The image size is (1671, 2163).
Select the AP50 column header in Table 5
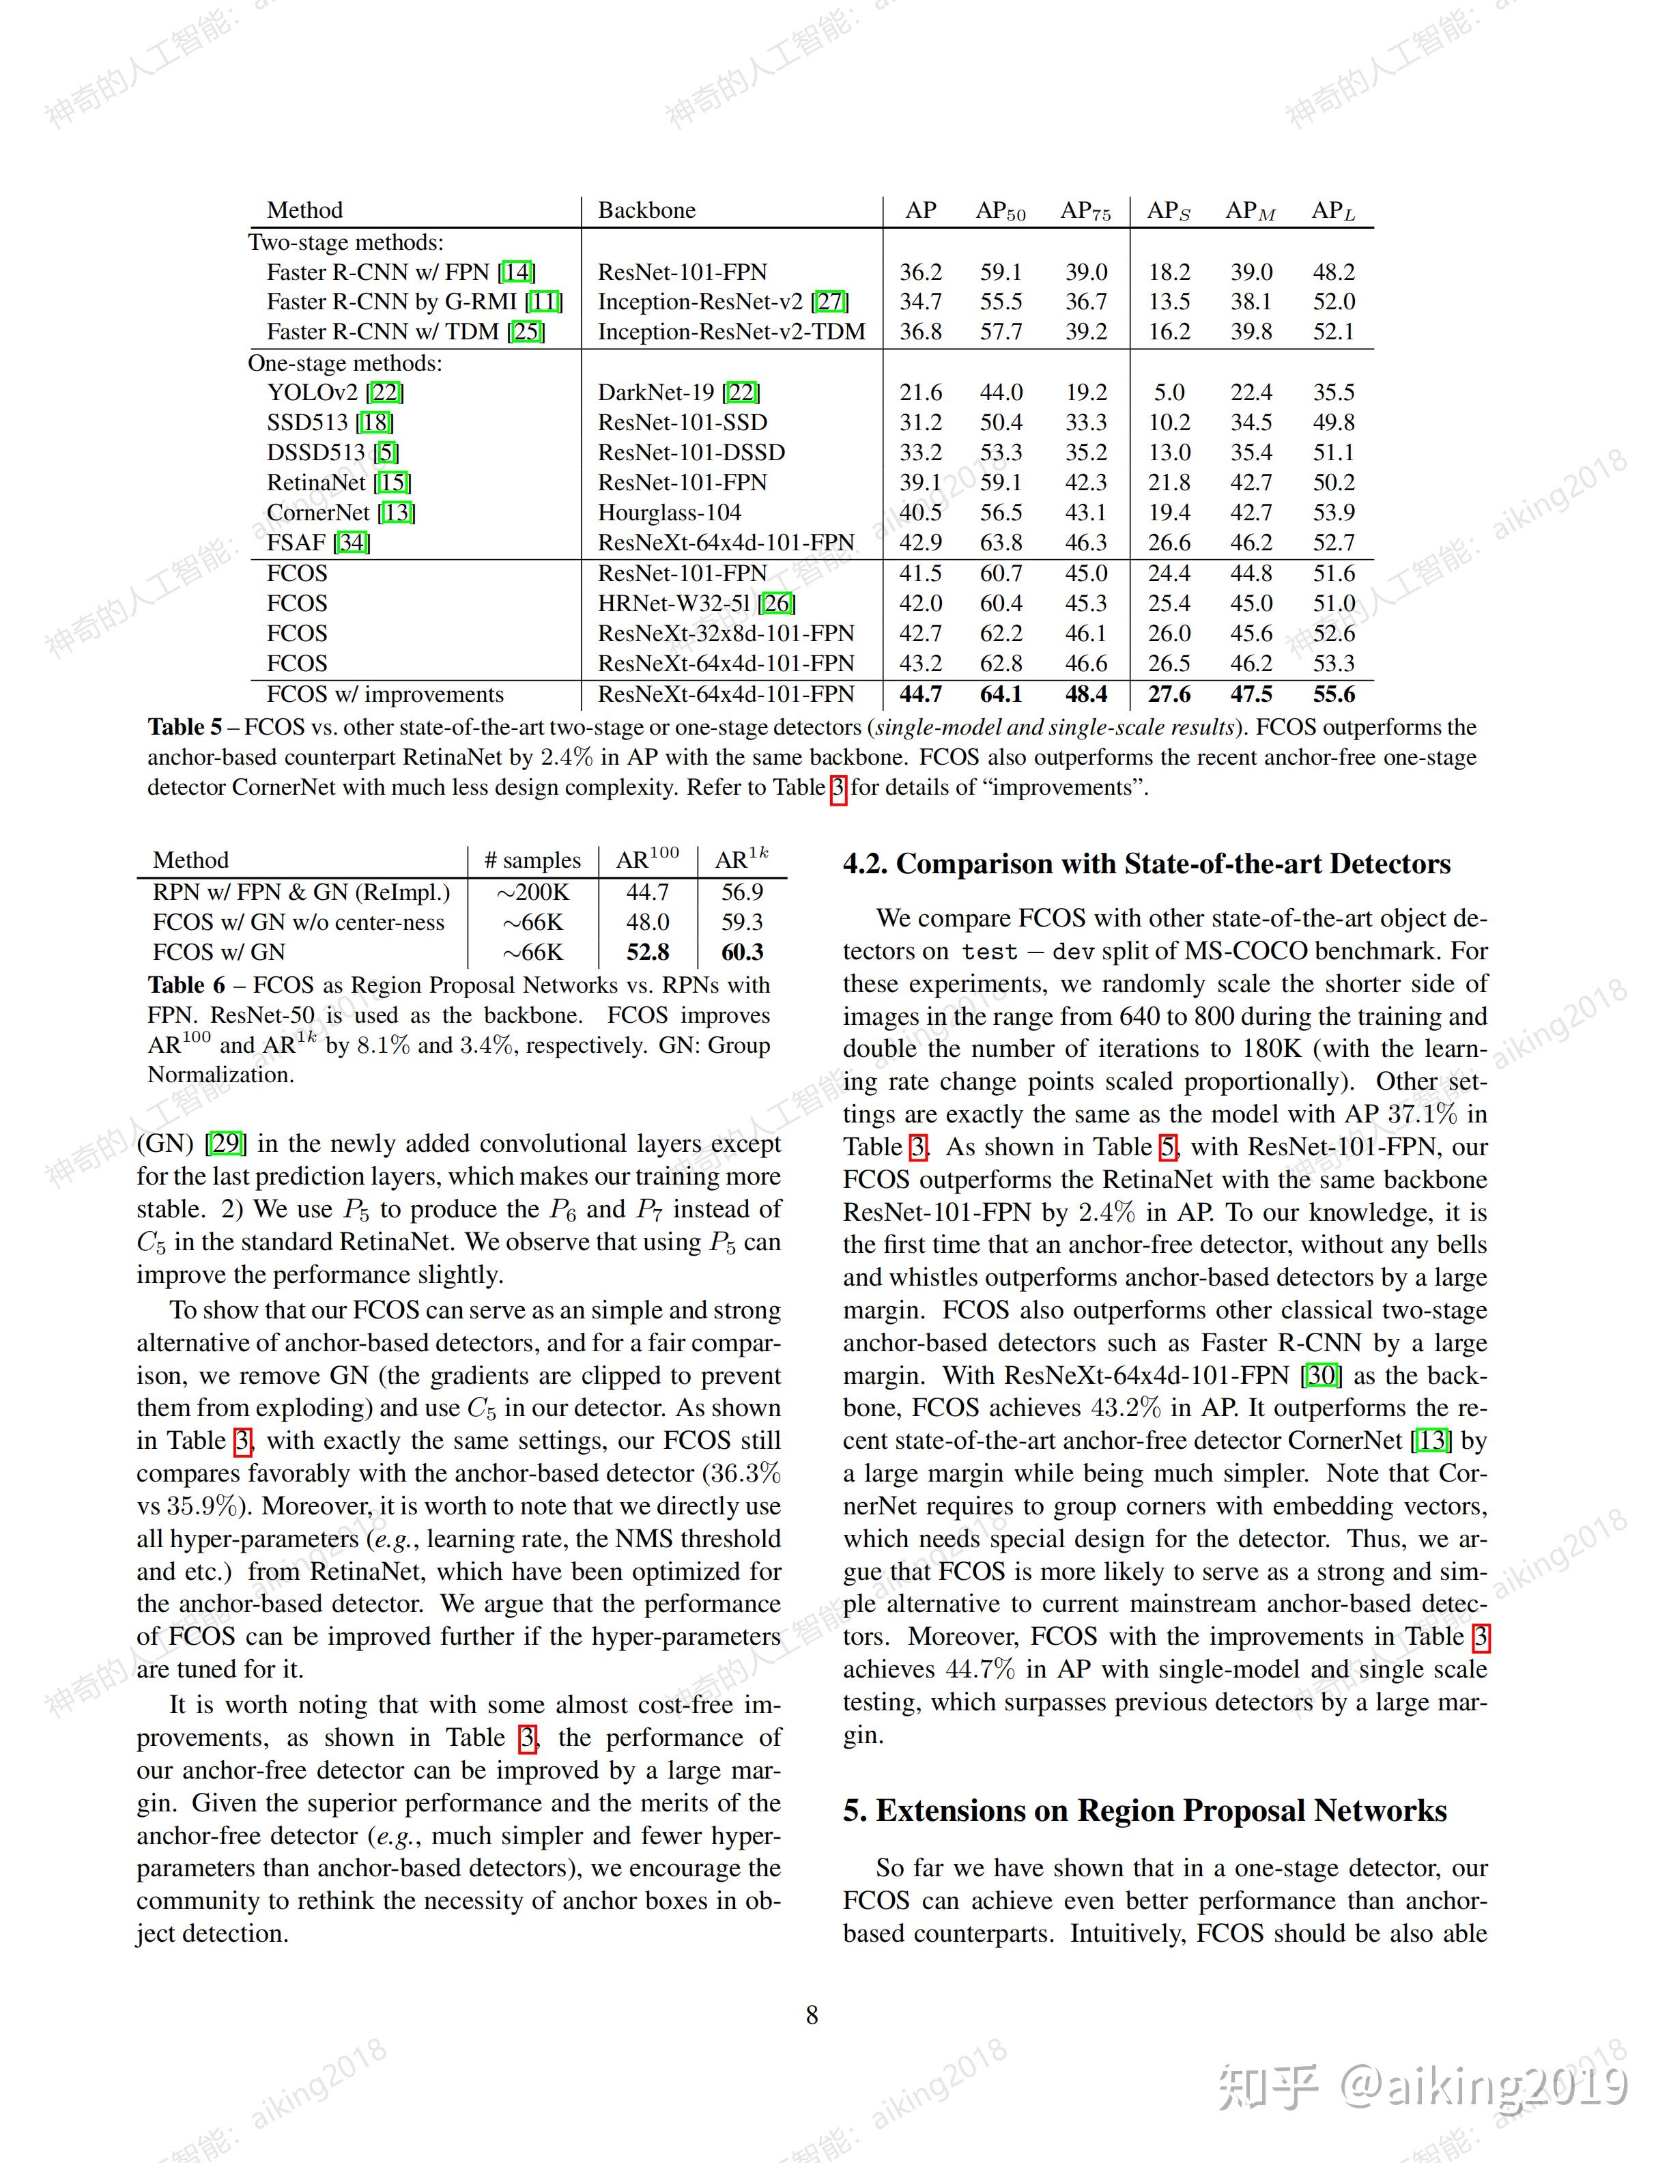tap(1000, 211)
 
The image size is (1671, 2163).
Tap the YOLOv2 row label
tap(334, 392)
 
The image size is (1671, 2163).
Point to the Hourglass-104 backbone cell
tap(669, 512)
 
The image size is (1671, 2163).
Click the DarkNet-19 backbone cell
tap(678, 392)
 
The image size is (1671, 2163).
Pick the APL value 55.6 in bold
tap(1333, 694)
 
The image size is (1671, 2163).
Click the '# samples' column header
tap(532, 860)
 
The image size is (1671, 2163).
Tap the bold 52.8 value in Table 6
tap(647, 952)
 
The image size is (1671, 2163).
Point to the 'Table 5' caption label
tap(184, 727)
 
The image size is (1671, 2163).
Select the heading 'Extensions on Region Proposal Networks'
tap(1161, 1811)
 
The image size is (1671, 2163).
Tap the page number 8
tap(812, 2014)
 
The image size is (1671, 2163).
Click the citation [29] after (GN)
tap(226, 1143)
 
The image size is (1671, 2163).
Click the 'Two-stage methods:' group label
tap(345, 242)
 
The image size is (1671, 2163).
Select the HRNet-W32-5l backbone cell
tap(696, 603)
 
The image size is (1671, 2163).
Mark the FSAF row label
tap(318, 543)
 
